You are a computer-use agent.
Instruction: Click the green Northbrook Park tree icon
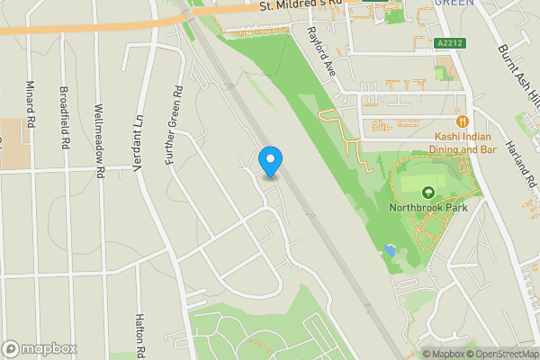click(x=427, y=191)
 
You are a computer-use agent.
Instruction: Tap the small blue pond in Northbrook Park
click(x=389, y=249)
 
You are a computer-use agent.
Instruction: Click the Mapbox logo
click(x=40, y=348)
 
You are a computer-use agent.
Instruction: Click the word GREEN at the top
click(x=454, y=3)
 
